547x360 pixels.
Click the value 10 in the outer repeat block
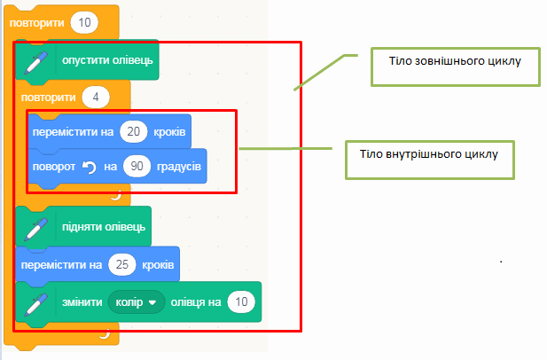click(x=81, y=21)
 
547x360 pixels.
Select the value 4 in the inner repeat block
click(x=94, y=95)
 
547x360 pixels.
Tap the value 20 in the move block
click(x=135, y=132)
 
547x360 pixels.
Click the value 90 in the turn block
click(x=137, y=165)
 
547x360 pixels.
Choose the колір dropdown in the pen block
click(x=136, y=302)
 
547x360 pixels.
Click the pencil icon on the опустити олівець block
click(x=36, y=60)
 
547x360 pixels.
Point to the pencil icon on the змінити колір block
click(x=36, y=302)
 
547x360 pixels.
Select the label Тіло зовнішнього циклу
click(x=453, y=62)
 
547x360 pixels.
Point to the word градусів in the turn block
click(x=180, y=165)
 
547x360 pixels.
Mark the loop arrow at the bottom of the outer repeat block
click(x=103, y=333)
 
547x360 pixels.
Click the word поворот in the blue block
click(x=54, y=165)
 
